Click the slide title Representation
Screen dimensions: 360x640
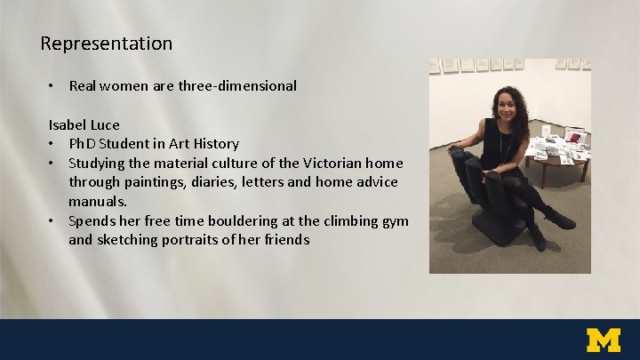coord(107,43)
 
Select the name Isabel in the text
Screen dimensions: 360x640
coord(68,124)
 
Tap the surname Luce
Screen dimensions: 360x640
coord(105,124)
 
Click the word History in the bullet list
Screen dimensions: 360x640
coord(213,144)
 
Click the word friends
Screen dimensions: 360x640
coord(284,239)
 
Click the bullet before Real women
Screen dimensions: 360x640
coord(52,86)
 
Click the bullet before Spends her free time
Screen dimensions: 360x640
coord(52,220)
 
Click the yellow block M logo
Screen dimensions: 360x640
coord(604,340)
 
